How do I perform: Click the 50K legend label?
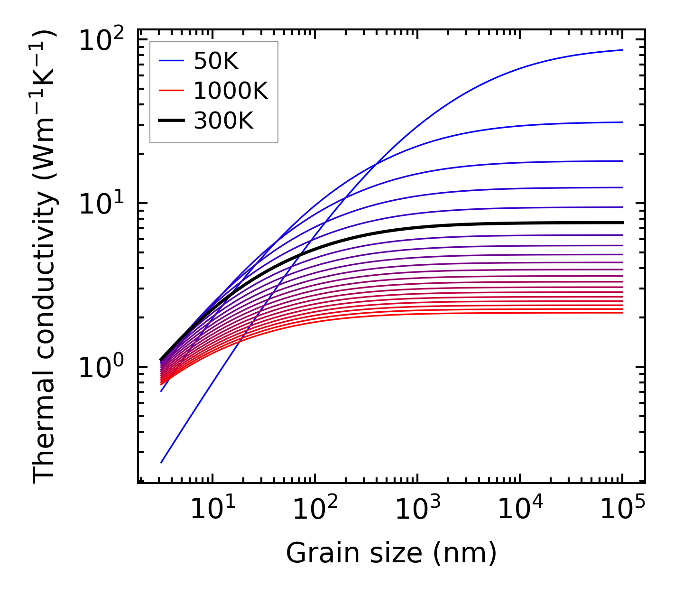216,61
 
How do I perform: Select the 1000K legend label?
231,91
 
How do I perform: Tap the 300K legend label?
223,121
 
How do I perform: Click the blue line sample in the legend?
171,61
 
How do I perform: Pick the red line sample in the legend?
171,91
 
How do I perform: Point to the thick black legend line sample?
171,121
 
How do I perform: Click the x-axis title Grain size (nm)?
391,553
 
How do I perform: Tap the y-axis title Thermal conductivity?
45,256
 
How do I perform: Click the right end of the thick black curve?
622,223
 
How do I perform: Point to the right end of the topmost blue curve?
622,50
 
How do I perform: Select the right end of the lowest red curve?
622,313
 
